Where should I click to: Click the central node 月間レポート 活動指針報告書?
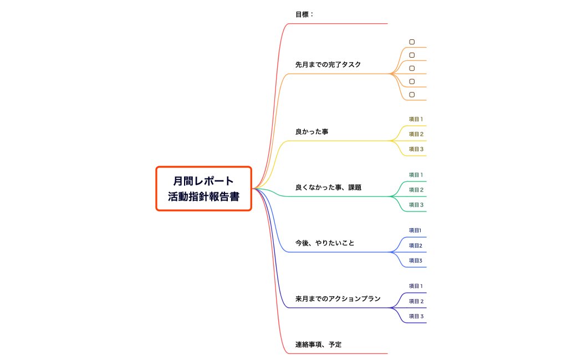coord(203,188)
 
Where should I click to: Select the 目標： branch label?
coord(304,14)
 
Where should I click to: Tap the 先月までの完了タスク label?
coord(328,65)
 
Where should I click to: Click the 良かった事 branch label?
coord(312,132)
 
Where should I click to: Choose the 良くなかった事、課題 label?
coord(328,187)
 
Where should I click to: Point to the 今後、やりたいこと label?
coord(324,243)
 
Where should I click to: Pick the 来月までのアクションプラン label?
coord(338,299)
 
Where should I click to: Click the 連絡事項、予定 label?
coord(318,344)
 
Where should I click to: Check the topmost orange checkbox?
coord(412,42)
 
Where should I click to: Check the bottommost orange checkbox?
coord(412,95)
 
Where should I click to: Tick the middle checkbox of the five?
coord(412,68)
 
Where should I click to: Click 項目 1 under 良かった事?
coord(416,119)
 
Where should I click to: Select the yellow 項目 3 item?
coord(416,149)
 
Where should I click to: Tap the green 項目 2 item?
coord(416,190)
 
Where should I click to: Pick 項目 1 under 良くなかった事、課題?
coord(416,175)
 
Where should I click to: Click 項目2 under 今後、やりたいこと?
coord(415,245)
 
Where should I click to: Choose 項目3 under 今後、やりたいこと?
coord(415,260)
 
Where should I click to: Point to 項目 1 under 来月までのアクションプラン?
coord(416,286)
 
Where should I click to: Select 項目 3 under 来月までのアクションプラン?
coord(416,316)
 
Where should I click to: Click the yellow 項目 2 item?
coord(416,134)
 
